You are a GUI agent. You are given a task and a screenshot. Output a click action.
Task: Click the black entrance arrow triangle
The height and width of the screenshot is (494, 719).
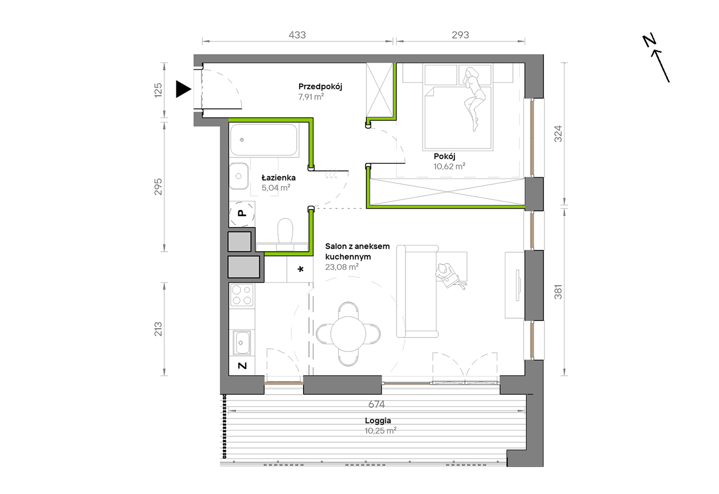pos(182,89)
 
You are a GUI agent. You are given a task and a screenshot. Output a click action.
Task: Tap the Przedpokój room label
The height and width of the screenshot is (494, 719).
pos(320,87)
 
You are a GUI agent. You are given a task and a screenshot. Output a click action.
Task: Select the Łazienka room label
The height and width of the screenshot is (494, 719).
pos(279,177)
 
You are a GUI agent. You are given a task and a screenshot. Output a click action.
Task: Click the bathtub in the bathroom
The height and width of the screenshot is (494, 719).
pos(264,140)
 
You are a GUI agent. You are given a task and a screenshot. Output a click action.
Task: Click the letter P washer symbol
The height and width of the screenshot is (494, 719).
pos(241,213)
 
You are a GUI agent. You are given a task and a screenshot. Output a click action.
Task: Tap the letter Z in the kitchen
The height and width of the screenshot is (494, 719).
pos(242,366)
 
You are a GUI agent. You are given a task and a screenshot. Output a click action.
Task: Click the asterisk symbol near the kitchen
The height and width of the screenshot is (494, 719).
pos(300,269)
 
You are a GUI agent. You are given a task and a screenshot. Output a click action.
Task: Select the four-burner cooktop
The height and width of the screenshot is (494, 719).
pos(242,295)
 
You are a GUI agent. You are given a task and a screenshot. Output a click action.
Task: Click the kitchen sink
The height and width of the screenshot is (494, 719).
pos(241,343)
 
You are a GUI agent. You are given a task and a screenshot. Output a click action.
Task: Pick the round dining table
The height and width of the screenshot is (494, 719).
pos(348,334)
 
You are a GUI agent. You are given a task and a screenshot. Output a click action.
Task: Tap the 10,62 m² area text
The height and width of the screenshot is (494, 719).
pos(449,166)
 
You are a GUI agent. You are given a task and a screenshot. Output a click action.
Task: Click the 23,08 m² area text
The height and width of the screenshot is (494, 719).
pos(342,267)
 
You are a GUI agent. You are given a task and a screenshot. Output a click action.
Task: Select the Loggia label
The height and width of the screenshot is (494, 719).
pos(378,421)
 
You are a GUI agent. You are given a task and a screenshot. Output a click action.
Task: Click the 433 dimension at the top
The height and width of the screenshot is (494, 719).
pos(297,35)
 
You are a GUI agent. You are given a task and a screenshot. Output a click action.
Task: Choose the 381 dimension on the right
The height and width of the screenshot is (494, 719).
pos(558,292)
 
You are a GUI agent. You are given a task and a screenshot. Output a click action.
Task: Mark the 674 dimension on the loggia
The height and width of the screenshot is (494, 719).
pos(377,404)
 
